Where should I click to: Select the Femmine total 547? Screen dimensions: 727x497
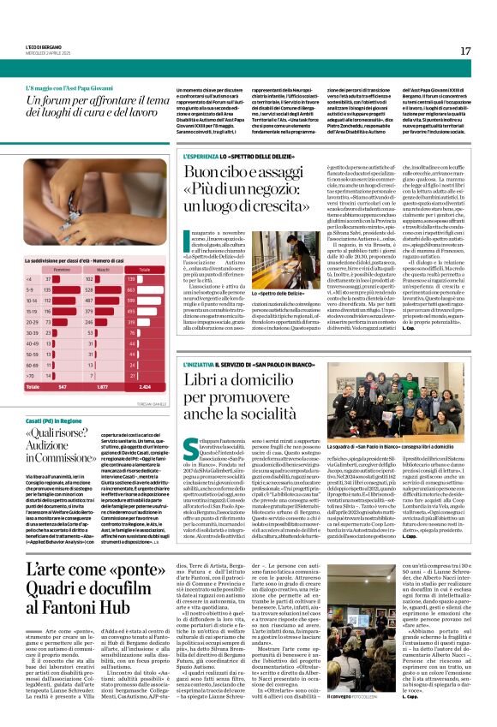coord(58,385)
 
